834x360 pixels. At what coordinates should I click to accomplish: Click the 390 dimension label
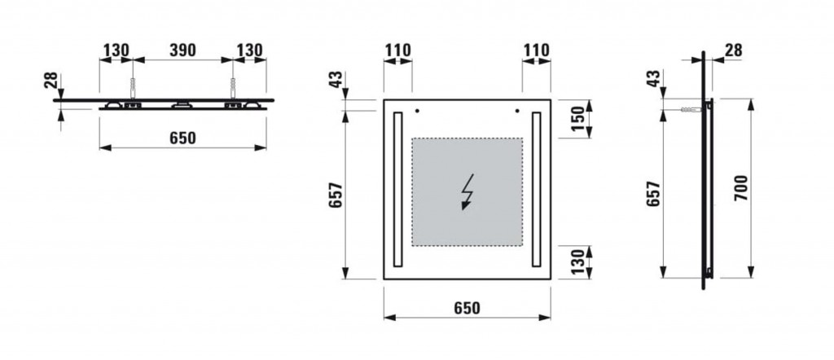tap(182, 50)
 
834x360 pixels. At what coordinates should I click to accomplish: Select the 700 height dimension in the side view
tap(741, 187)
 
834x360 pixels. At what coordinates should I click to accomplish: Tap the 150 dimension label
tap(577, 119)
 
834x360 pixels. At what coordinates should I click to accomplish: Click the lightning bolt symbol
tap(467, 192)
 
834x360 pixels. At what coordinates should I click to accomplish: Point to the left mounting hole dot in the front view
tap(417, 111)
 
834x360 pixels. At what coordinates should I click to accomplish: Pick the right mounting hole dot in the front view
tap(517, 111)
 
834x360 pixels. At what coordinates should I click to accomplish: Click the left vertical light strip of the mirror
tap(397, 189)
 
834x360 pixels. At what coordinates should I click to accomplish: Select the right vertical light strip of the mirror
tap(536, 189)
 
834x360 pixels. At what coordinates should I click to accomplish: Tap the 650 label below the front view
tap(467, 308)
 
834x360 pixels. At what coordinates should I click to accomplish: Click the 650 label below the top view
tap(182, 138)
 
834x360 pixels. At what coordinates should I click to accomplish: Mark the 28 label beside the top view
tap(51, 81)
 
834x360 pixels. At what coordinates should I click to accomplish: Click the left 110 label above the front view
tap(397, 50)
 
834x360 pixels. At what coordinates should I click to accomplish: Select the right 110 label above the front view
tap(536, 50)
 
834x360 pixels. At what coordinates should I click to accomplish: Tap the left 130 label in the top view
tap(116, 50)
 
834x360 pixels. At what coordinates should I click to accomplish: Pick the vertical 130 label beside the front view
tap(577, 262)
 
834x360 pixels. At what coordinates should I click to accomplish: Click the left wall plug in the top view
tap(133, 88)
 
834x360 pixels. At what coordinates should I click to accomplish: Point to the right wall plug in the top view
tap(232, 88)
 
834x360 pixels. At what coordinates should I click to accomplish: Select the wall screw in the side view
tap(691, 110)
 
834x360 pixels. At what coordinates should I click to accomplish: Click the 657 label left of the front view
tap(336, 195)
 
